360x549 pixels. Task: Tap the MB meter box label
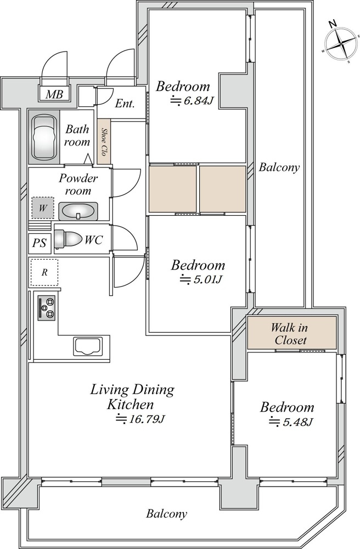54,94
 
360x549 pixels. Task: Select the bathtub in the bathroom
44,137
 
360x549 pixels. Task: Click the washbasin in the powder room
78,211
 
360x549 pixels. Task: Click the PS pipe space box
40,243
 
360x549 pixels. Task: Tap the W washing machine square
43,208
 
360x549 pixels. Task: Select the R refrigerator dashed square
44,272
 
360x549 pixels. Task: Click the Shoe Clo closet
104,141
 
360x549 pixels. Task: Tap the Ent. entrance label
125,104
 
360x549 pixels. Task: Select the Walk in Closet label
290,334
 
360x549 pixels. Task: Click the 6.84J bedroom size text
192,101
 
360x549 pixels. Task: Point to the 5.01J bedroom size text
201,279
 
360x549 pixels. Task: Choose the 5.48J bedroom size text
290,422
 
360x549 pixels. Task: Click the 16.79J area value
140,418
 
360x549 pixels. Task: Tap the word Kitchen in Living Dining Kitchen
130,405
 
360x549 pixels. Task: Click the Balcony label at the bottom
166,514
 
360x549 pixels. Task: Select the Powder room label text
78,184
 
